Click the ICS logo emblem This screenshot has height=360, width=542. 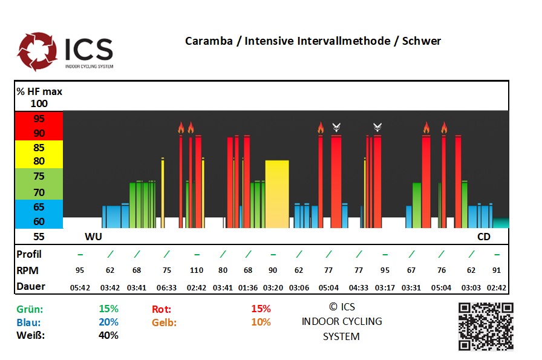[38, 51]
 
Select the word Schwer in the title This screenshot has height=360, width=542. [421, 41]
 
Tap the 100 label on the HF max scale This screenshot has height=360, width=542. [39, 103]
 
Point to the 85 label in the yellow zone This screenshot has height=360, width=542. [39, 147]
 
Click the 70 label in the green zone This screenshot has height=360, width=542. [39, 192]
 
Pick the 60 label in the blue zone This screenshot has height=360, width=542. [39, 221]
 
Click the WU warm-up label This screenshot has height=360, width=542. [93, 237]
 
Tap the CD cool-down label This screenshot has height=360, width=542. [484, 237]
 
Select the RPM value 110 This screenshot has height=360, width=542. [197, 270]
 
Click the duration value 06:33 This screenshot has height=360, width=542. [166, 286]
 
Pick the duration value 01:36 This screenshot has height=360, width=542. [248, 286]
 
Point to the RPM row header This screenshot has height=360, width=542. [28, 270]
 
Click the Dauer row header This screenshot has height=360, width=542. [31, 286]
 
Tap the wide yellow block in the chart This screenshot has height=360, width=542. [277, 194]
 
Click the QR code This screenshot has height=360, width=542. [486, 326]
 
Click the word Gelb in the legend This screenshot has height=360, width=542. [164, 322]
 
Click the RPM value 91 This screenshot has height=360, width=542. [497, 270]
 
